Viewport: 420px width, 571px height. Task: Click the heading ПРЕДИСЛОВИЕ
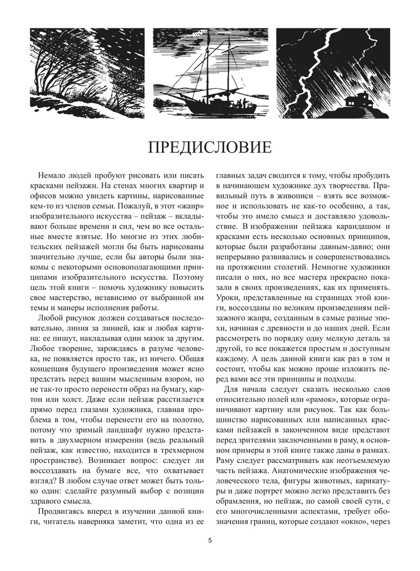(x=210, y=147)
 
